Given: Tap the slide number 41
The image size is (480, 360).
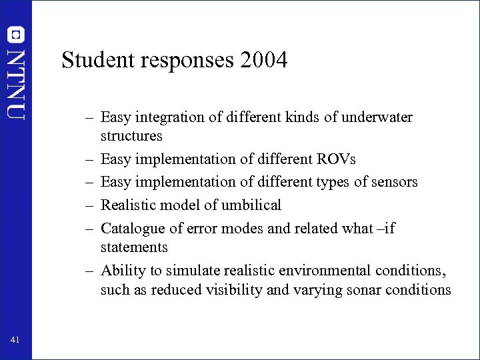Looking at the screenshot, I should point(15,341).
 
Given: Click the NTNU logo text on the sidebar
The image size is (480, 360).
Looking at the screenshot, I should point(16,83).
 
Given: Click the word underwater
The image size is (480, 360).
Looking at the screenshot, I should point(378,118).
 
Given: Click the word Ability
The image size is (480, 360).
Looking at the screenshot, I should point(119,271).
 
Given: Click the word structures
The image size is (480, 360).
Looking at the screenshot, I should point(131,136).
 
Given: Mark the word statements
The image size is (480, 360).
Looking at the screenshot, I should point(134,247).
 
